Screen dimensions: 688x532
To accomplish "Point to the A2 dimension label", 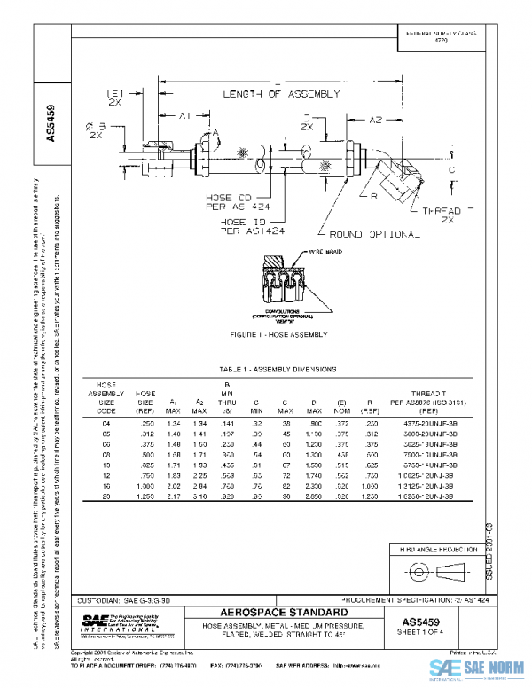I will click(376, 118).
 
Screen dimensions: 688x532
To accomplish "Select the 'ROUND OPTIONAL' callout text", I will click(374, 234).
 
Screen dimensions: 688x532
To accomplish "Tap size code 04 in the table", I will click(106, 425).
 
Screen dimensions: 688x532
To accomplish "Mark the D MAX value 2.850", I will click(313, 497).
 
